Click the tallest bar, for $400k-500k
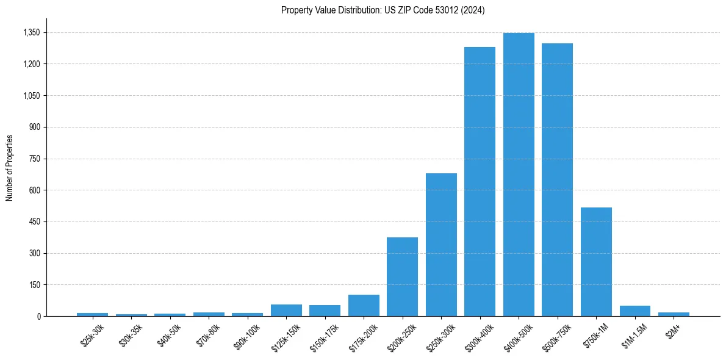519,175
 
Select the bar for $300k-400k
480,182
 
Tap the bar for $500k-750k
557,180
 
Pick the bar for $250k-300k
441,245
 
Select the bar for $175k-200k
364,306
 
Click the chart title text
383,10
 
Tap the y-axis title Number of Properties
10,168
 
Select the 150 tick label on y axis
34,285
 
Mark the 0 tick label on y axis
38,316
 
